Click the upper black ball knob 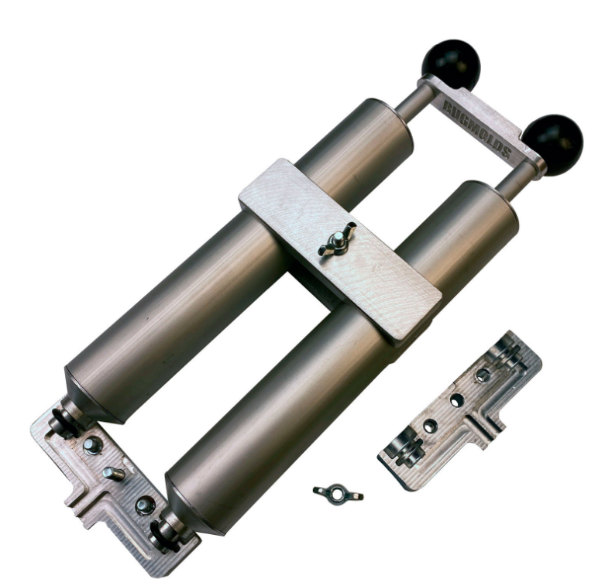tap(452, 63)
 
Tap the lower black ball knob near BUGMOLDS tap(554, 146)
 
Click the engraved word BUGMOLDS tap(478, 130)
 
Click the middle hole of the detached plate tap(456, 400)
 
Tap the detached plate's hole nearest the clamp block tap(483, 375)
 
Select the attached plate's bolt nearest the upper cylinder tap(92, 446)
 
